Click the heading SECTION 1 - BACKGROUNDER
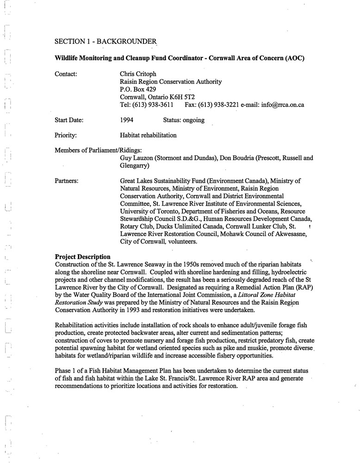[105, 41]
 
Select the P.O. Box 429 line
[138, 89]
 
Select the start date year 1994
[127, 120]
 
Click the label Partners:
[66, 181]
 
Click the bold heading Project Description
[82, 257]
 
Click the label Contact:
[66, 74]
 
